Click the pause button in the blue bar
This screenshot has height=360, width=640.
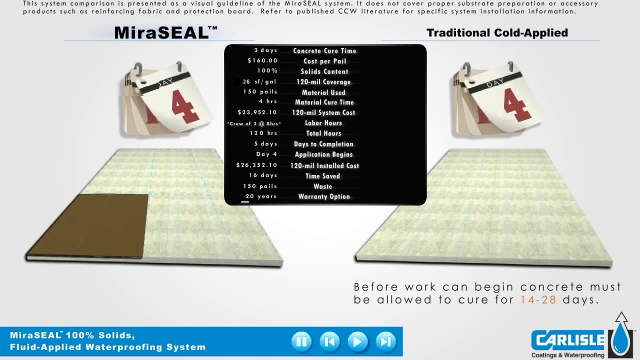click(x=301, y=341)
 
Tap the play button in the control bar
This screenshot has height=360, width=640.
click(x=357, y=341)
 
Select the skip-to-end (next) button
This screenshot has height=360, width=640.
click(x=385, y=341)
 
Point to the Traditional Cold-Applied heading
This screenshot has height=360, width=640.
click(x=497, y=33)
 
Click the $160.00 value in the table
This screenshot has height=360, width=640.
click(x=262, y=61)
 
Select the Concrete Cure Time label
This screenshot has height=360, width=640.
click(x=324, y=51)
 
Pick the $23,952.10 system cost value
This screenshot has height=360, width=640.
click(x=257, y=112)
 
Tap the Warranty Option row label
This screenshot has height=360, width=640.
click(x=324, y=196)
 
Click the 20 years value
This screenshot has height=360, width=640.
click(x=261, y=196)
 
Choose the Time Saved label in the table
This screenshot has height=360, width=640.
click(x=322, y=176)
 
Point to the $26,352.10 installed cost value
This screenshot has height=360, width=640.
click(x=256, y=165)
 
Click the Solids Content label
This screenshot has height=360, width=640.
click(x=324, y=71)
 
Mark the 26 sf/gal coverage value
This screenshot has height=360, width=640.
click(x=259, y=82)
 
